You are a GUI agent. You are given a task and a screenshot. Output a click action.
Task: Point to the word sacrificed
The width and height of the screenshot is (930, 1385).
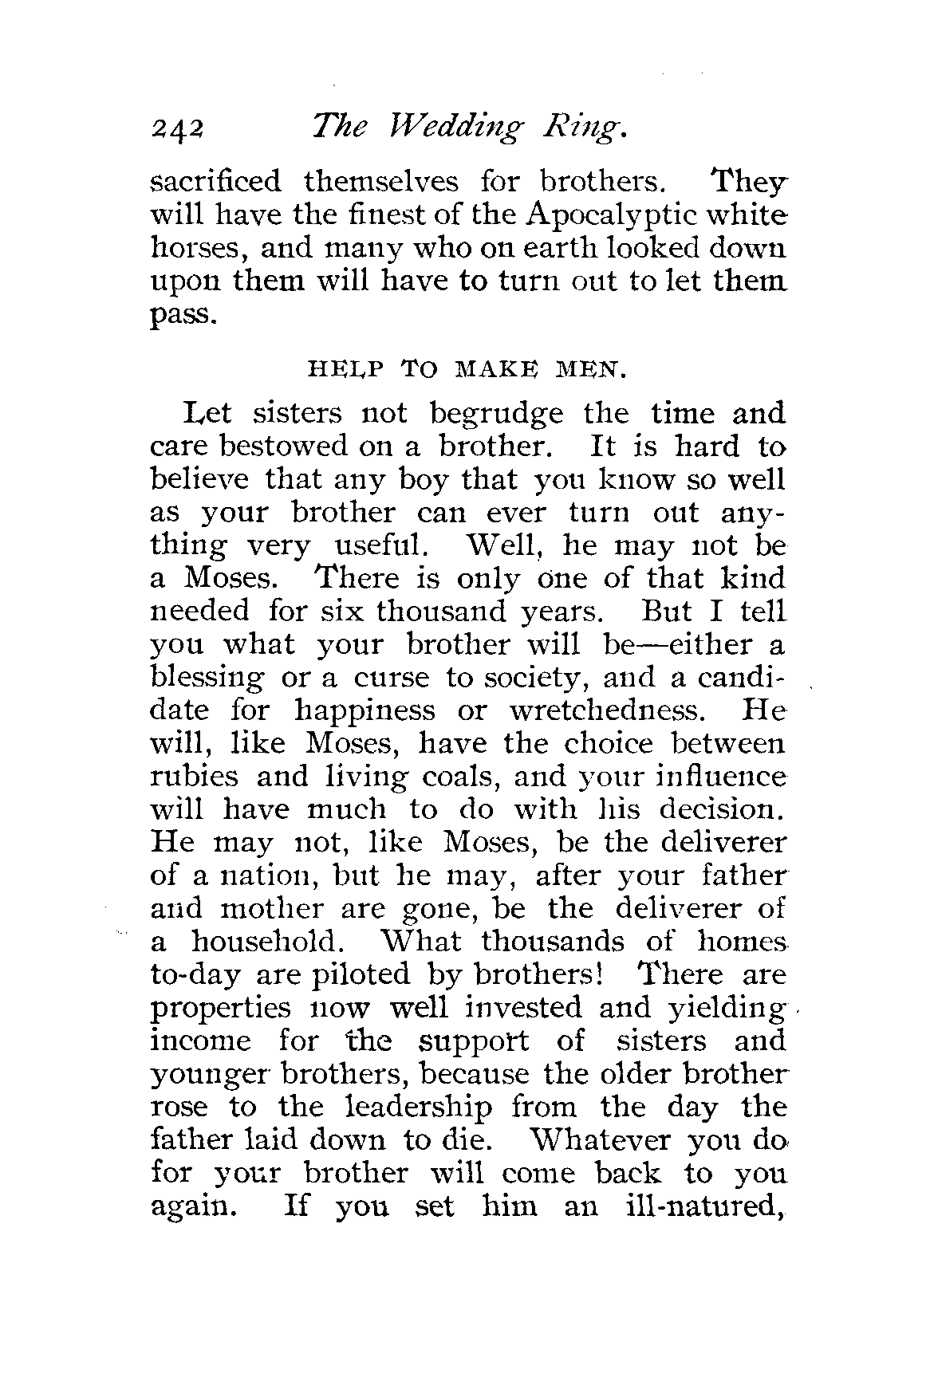point(216,182)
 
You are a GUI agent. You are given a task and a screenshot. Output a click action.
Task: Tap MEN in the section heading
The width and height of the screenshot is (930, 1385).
point(585,368)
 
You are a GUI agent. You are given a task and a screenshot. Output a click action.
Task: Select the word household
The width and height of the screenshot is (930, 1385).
point(267,942)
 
